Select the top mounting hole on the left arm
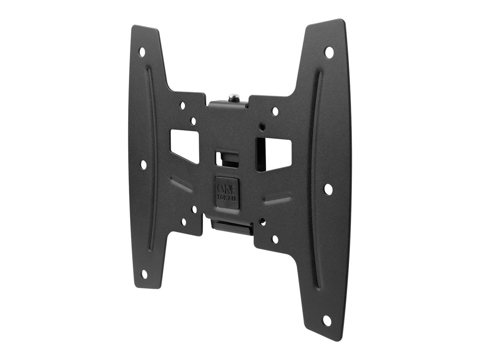coord(142,51)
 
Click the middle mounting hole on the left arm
coord(143,164)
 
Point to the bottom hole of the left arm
coord(144,274)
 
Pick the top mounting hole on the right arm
coord(329,52)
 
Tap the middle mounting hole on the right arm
coord(328,189)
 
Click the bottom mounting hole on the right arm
coord(327,320)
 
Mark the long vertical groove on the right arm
coord(316,180)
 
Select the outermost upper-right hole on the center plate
coord(275,111)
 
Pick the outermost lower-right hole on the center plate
coord(275,239)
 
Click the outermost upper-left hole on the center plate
coord(183,106)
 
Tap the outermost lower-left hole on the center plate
coord(184,222)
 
